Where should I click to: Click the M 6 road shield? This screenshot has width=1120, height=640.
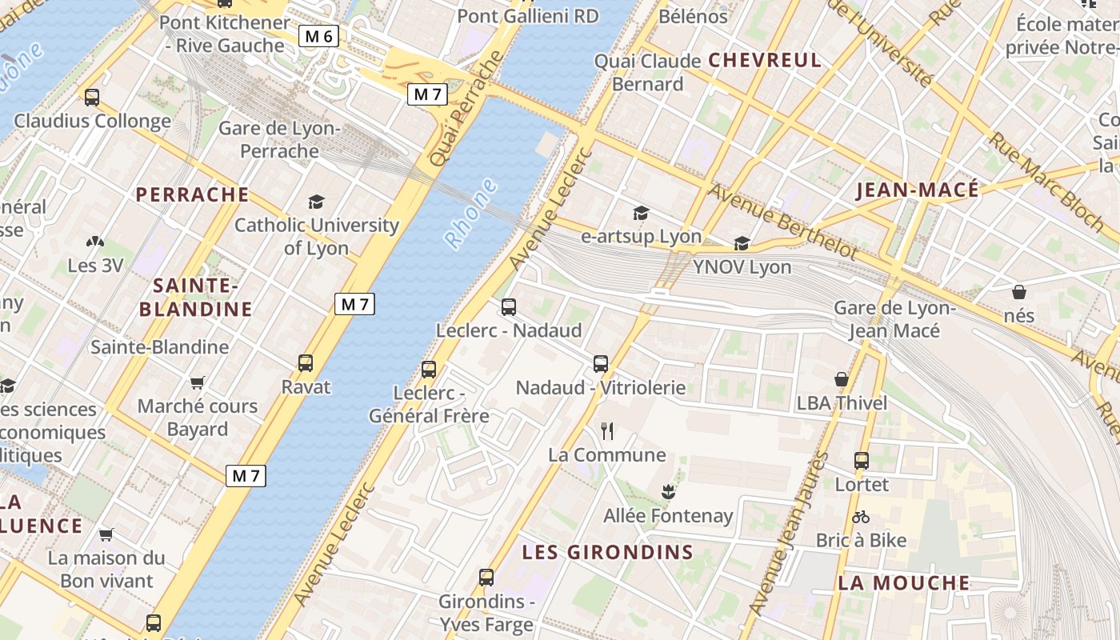(319, 36)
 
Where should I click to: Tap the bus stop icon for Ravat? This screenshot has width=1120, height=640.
(306, 363)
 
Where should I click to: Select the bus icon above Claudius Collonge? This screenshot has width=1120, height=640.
(92, 98)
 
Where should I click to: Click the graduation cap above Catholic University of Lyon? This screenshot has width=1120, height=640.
(317, 202)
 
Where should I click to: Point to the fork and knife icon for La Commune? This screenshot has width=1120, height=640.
(607, 431)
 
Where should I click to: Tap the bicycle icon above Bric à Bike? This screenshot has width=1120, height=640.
(861, 517)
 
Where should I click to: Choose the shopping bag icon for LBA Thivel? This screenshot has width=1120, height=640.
(842, 379)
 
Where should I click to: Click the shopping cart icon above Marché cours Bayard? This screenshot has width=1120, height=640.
(197, 382)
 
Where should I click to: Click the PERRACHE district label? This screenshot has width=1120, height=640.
(192, 194)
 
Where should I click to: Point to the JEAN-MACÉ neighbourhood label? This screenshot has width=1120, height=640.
(918, 190)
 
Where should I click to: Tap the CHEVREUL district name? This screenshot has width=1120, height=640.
(765, 60)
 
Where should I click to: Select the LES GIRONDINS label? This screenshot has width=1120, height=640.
(607, 552)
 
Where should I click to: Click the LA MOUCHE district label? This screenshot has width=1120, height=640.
(904, 582)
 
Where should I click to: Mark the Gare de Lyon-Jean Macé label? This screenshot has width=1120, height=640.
(894, 319)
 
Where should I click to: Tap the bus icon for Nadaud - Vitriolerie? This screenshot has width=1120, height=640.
(601, 364)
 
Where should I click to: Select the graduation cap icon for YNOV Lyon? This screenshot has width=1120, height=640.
(742, 243)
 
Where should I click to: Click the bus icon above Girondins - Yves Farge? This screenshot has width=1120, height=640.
(486, 577)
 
